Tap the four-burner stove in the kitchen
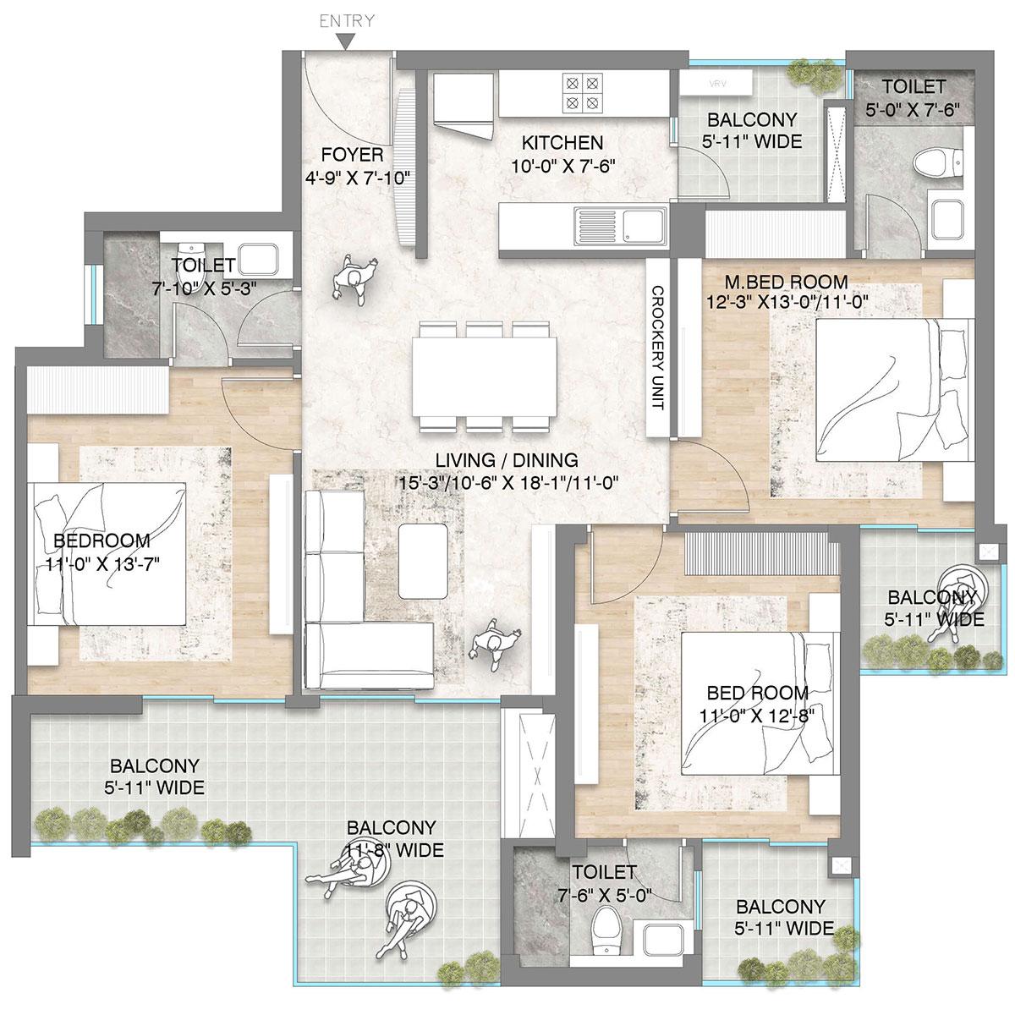[x=583, y=93]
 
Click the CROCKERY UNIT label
[x=658, y=348]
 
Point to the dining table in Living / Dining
[x=484, y=376]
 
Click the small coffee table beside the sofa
[x=425, y=560]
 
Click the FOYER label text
[x=352, y=156]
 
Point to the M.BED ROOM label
[x=787, y=282]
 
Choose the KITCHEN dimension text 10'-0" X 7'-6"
[x=562, y=164]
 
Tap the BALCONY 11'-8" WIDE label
[x=395, y=839]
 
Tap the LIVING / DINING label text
[x=507, y=461]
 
